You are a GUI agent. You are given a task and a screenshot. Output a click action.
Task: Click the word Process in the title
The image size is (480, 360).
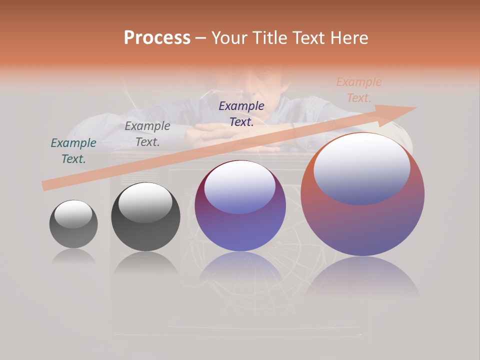(157, 37)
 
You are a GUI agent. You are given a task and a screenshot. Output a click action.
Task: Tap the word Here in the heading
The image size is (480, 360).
(348, 37)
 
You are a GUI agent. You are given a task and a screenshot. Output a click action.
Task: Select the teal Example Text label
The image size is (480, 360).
(73, 150)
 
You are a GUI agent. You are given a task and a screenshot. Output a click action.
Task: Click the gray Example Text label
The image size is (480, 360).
(147, 133)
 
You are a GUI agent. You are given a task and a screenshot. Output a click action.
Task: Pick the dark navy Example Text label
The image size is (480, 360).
(241, 113)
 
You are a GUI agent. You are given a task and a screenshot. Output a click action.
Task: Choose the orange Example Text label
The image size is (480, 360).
(359, 89)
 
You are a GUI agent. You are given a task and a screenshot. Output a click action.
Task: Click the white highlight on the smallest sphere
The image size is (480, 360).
(73, 214)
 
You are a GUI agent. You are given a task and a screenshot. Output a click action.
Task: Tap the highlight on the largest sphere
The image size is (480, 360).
(361, 168)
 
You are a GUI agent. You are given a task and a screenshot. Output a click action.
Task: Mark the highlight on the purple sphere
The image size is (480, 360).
(239, 187)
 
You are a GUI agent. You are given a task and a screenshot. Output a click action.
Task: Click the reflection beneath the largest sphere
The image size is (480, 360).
(362, 277)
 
